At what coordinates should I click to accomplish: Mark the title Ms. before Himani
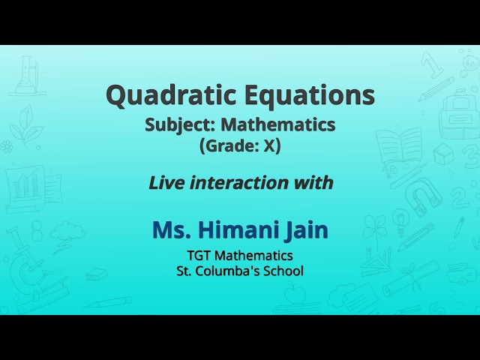point(171,229)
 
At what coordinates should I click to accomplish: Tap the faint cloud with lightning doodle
point(67,232)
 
